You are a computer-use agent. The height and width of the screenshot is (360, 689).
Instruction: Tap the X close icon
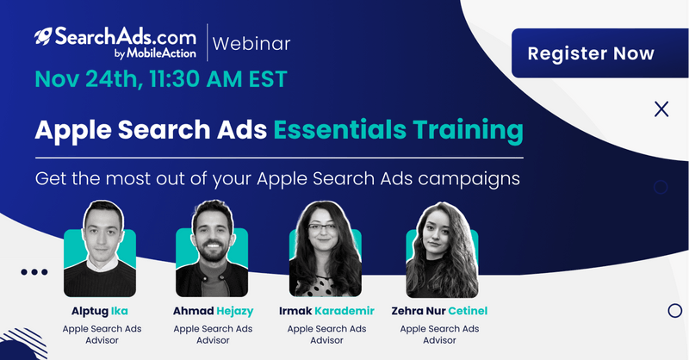click(x=661, y=109)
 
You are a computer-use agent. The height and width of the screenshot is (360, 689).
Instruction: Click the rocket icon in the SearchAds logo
click(x=43, y=36)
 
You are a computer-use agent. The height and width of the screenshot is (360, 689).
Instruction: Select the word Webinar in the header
click(x=251, y=44)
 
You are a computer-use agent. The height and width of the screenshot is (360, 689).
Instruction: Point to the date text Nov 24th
click(x=89, y=79)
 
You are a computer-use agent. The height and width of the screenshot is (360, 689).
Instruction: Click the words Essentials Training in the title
click(x=398, y=130)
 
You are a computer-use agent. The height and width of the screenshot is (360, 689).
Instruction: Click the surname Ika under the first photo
click(x=120, y=311)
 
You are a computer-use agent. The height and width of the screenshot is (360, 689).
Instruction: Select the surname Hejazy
click(x=235, y=311)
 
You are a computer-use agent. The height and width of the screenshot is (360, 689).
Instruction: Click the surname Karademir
click(x=344, y=311)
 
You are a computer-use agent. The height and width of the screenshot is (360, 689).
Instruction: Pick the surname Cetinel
click(x=468, y=311)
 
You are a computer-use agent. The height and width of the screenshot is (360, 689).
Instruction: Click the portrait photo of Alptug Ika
click(x=100, y=248)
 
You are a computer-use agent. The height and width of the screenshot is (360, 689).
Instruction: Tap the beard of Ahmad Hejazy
click(x=212, y=252)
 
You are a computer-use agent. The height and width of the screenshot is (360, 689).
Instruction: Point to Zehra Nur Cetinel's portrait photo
click(x=442, y=249)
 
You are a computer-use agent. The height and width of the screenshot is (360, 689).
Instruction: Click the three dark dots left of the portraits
click(x=34, y=272)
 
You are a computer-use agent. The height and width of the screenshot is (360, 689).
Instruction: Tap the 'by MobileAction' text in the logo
click(x=155, y=53)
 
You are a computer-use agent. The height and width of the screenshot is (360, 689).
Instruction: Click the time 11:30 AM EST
click(x=218, y=79)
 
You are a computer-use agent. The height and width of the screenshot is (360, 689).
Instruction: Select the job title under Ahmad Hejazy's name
click(x=213, y=334)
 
